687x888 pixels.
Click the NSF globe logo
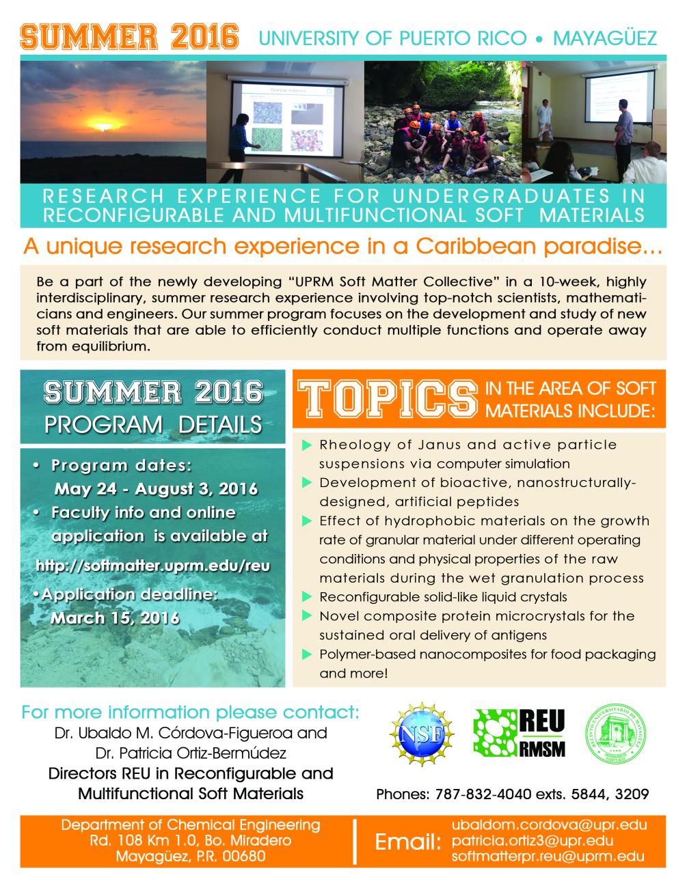422,734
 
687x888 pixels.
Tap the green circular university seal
615,733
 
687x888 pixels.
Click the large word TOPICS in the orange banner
388,398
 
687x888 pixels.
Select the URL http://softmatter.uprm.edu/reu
153,566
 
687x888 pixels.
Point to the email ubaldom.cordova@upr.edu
549,825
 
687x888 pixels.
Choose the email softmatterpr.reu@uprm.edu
548,856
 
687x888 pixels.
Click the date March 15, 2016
115,618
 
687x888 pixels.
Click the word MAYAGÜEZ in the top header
605,38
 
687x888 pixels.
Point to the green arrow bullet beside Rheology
307,445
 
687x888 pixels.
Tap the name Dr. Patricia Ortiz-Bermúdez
191,753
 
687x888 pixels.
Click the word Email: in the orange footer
407,842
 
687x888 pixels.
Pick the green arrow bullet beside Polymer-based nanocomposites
307,654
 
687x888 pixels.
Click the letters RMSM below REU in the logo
542,749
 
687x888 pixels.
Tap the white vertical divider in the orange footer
354,842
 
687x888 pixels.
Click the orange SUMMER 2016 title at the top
129,37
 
